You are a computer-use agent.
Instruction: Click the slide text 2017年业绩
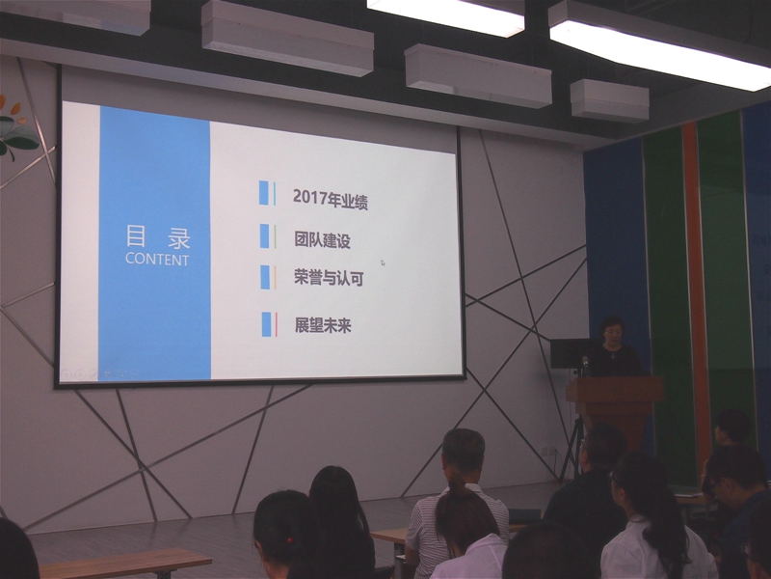tap(330, 199)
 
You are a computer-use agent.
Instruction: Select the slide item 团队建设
tap(322, 240)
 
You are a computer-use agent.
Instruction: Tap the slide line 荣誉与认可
tap(329, 278)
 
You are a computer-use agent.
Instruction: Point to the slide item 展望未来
tap(323, 325)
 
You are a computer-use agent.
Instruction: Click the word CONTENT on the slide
tap(157, 259)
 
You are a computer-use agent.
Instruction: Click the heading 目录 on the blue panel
tap(157, 236)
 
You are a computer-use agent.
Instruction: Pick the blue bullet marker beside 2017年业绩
tap(264, 192)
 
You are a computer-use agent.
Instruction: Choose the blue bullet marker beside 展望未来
tap(267, 324)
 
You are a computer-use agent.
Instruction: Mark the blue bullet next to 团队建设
tap(264, 235)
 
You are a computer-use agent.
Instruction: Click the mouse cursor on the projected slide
tap(383, 262)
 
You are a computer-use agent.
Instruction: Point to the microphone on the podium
tap(585, 365)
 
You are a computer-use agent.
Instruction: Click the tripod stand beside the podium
tap(572, 448)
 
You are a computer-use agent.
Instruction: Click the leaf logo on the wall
tap(17, 128)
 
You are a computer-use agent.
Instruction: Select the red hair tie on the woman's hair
tap(291, 540)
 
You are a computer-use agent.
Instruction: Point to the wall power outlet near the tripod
tap(546, 451)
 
